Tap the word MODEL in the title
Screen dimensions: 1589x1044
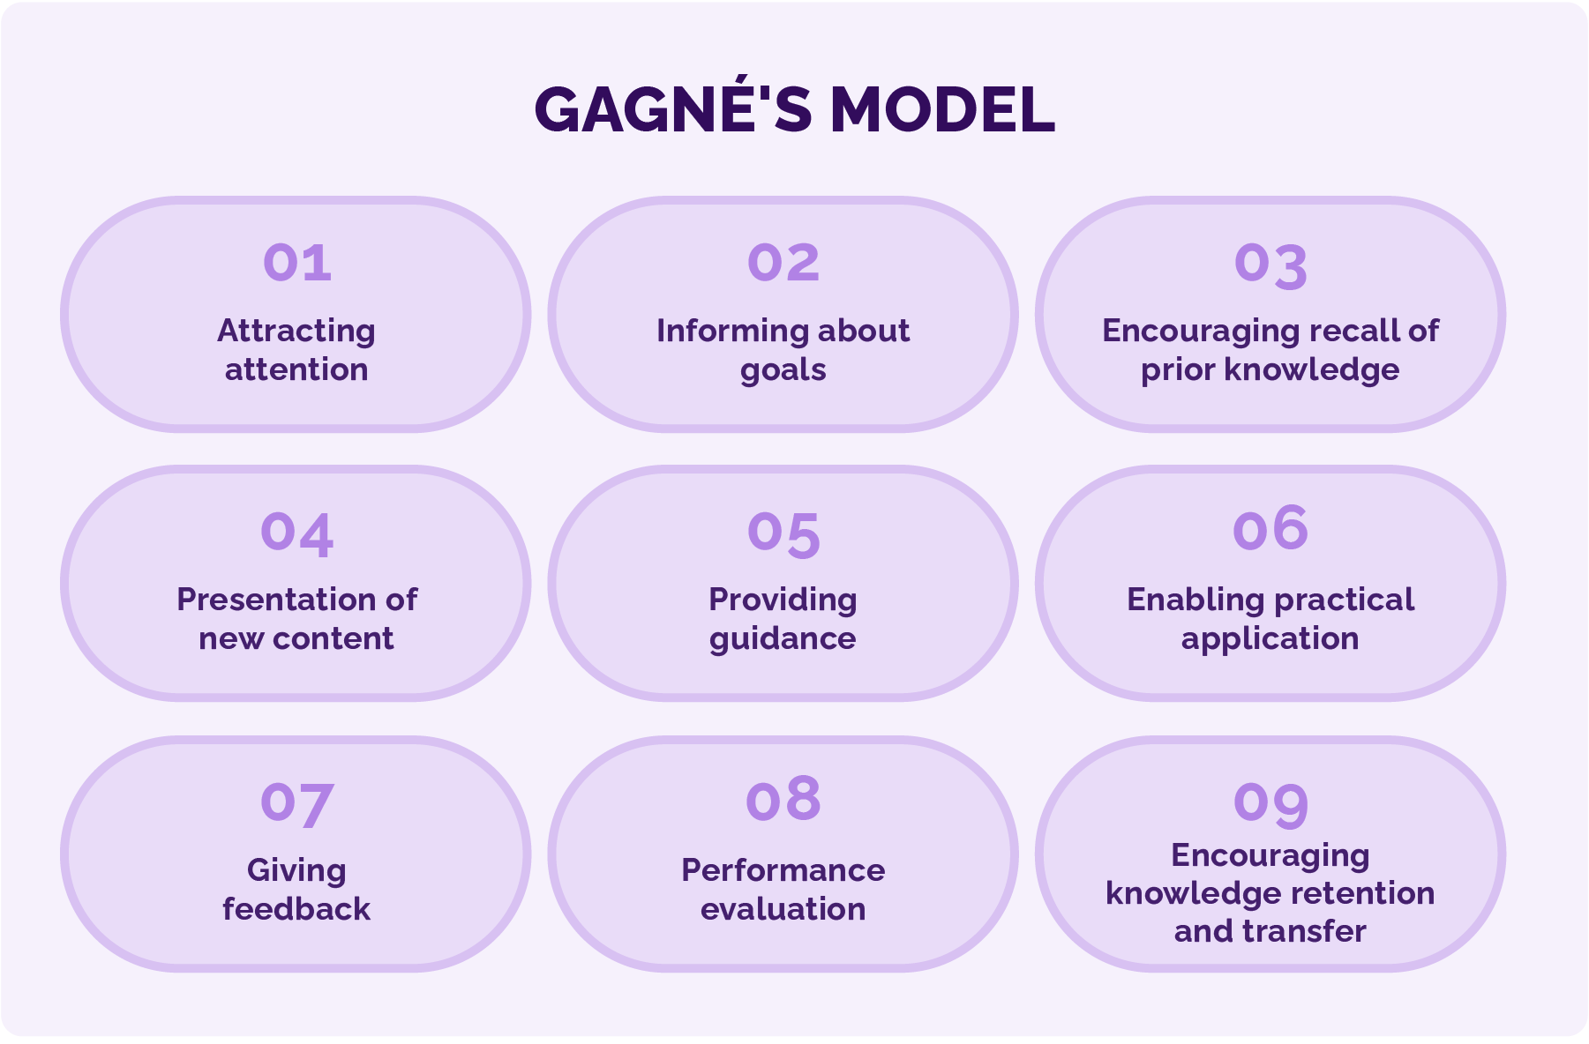pos(942,110)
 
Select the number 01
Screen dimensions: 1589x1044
pos(297,263)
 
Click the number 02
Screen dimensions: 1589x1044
pos(783,263)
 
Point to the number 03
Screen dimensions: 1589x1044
pos(1270,266)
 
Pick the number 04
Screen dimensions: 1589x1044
pos(297,534)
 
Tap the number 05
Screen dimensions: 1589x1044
pos(783,535)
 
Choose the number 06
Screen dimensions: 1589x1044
pos(1270,528)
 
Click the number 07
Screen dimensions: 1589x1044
pos(297,805)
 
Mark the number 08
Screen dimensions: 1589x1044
pos(783,799)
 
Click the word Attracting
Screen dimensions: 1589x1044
pos(296,332)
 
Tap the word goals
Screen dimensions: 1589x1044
pos(783,371)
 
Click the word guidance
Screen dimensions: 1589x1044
pos(783,639)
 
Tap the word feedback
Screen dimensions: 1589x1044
pos(296,908)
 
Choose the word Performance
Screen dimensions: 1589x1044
pos(783,870)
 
